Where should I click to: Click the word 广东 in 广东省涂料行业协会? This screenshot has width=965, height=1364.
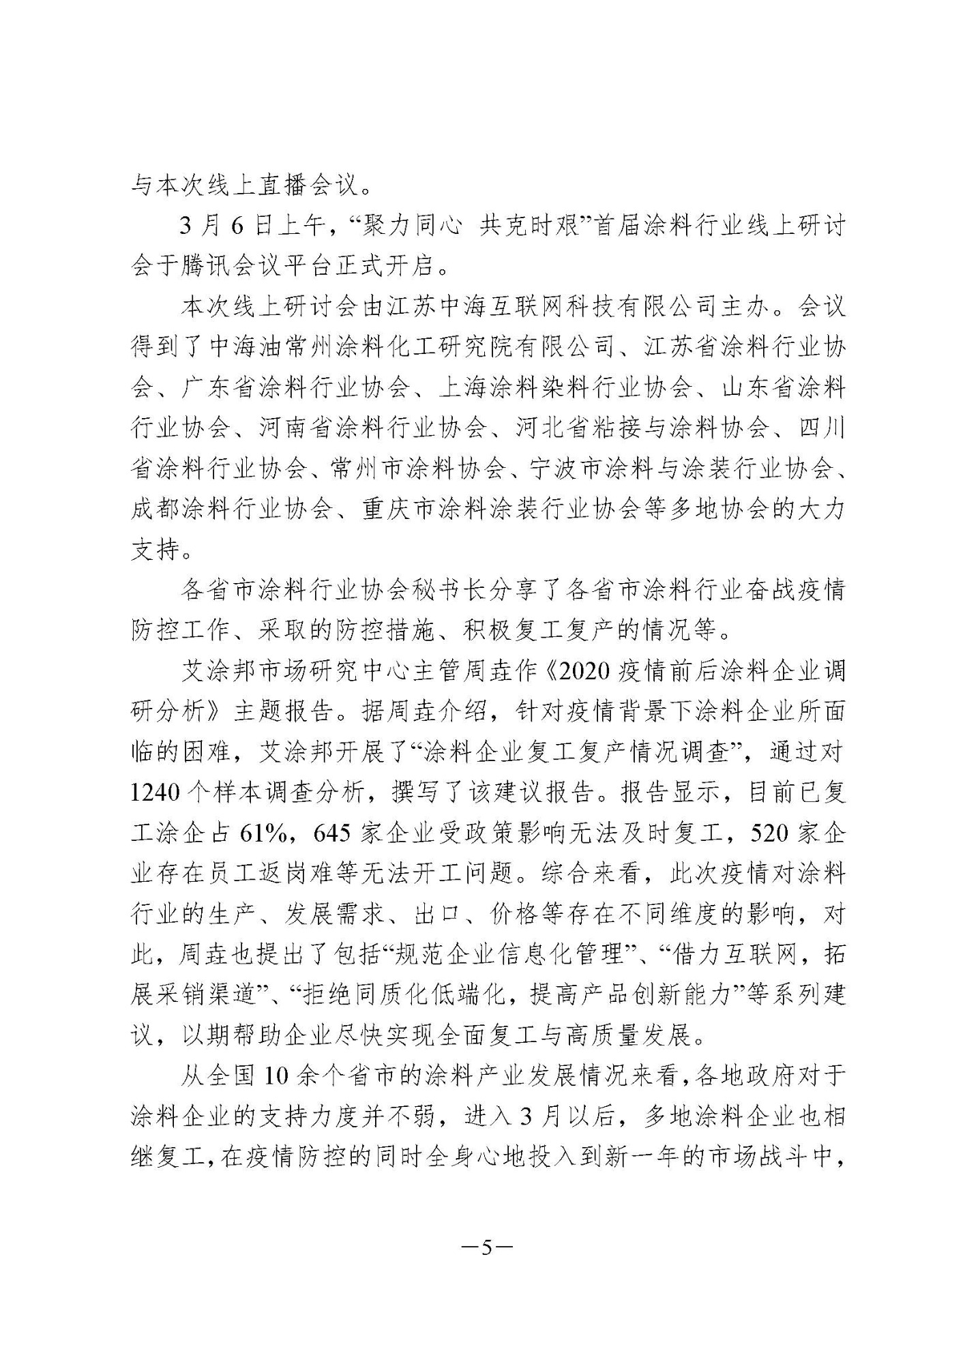pos(207,388)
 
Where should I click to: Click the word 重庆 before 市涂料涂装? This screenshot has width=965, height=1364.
pos(386,509)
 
